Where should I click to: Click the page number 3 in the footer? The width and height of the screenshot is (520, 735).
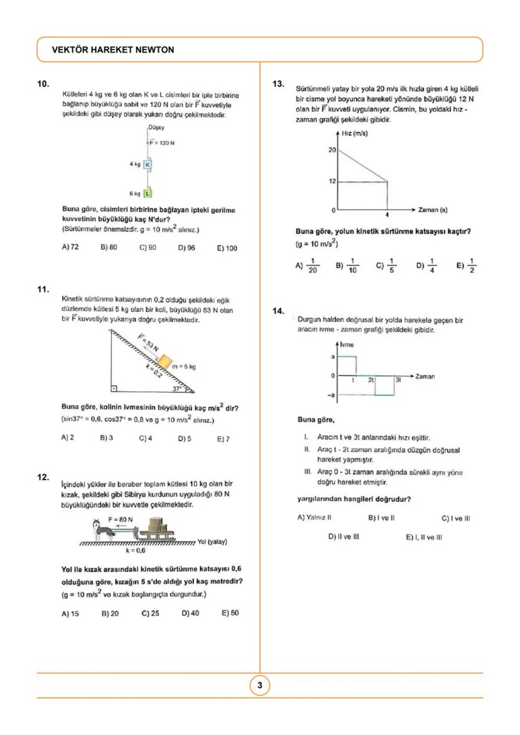coord(260,685)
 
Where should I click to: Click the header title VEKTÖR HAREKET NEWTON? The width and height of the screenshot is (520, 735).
coord(114,50)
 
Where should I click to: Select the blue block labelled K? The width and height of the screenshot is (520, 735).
coord(148,165)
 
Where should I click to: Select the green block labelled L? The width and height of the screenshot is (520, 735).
coord(148,193)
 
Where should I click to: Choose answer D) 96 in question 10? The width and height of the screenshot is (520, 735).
coord(187,247)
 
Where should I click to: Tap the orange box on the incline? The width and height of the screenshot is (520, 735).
coord(163,362)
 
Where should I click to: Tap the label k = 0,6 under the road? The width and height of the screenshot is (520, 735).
coord(135,550)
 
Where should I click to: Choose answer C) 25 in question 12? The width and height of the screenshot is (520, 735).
coord(150,613)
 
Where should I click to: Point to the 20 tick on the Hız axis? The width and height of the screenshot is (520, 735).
coord(332,151)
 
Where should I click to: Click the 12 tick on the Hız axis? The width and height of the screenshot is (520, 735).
coord(332,181)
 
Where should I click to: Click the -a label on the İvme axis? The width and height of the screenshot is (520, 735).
coord(332,395)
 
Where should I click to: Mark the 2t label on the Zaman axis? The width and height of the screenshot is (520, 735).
coord(371,380)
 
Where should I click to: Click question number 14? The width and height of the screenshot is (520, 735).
coord(279,311)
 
